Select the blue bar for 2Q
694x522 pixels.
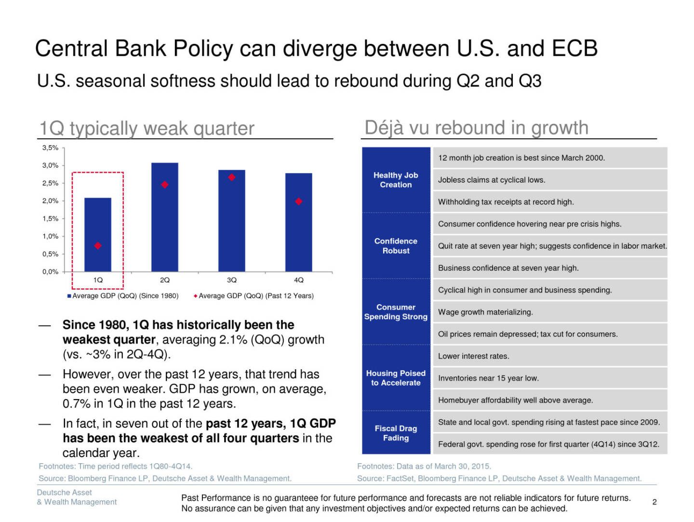[165, 217]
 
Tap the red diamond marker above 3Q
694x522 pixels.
[232, 177]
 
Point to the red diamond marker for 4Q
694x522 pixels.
[299, 201]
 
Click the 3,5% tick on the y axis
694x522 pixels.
[50, 148]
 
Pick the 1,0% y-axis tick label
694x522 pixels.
[50, 236]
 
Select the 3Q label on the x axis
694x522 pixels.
[232, 280]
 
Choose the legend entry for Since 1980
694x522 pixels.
[123, 296]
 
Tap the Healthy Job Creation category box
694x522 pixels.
[396, 180]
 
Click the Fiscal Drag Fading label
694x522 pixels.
[396, 433]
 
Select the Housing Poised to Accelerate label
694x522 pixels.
[396, 378]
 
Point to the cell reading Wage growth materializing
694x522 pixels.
[485, 312]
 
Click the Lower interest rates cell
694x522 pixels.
[473, 356]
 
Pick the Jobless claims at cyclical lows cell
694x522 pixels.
[492, 180]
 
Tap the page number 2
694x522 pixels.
[654, 502]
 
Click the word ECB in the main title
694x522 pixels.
[574, 49]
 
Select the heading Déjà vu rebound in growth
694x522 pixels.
[476, 128]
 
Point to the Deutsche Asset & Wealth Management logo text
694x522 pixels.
[77, 497]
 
